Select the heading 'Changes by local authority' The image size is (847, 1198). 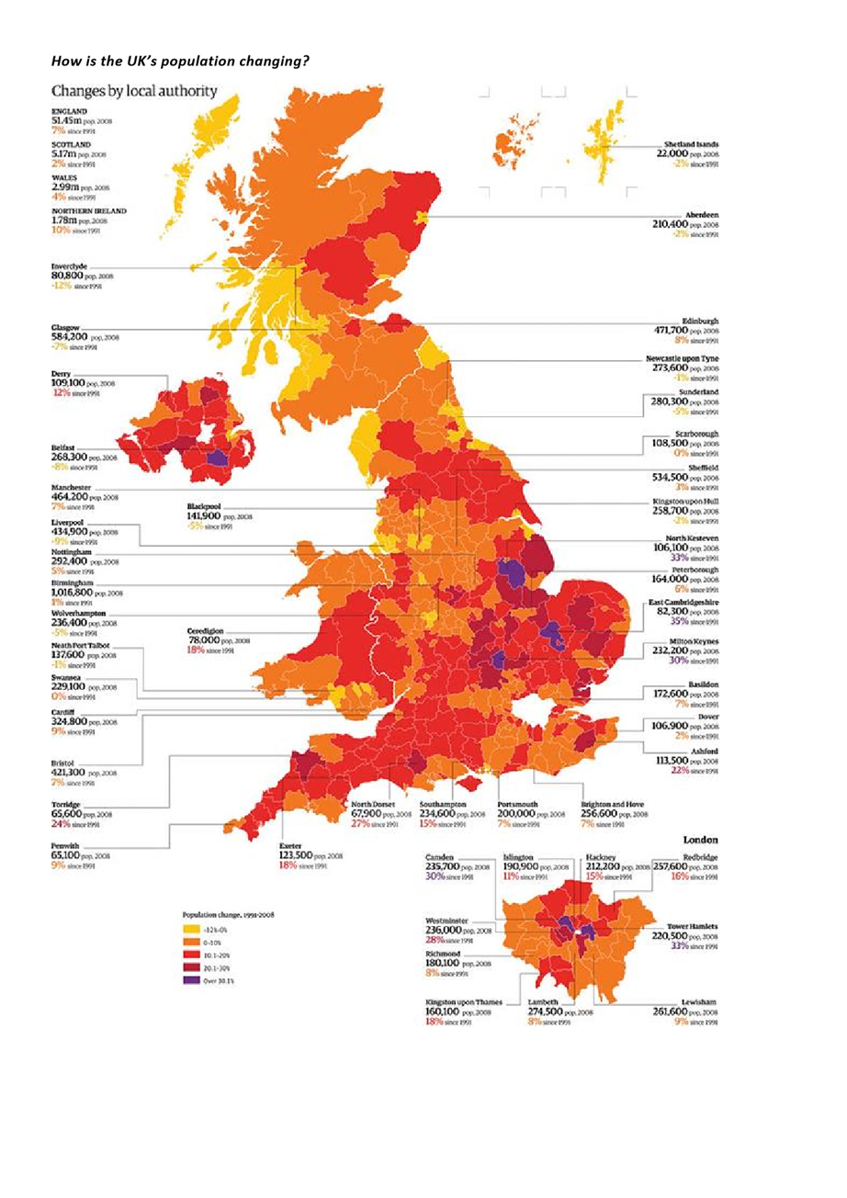coord(135,91)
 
